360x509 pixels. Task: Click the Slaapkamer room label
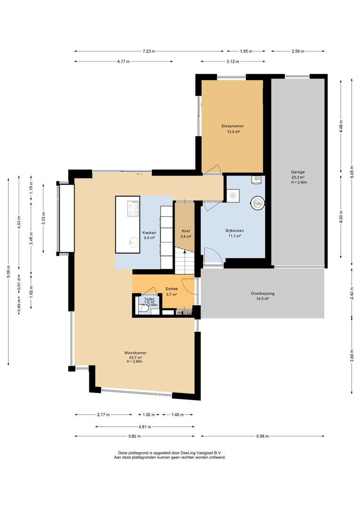[233, 126]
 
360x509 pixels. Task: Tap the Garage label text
[297, 172]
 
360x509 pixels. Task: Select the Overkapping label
[262, 293]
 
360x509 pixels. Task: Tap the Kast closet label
[186, 231]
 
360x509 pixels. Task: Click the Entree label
[172, 289]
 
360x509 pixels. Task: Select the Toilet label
[149, 299]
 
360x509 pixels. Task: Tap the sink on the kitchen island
[133, 242]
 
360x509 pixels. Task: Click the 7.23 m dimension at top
[150, 51]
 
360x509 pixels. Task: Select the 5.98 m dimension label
[263, 436]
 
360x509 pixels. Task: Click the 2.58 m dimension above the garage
[298, 51]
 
